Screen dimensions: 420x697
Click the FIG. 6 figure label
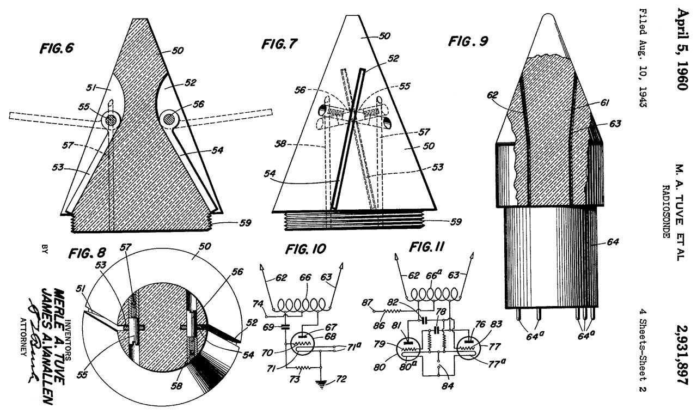[57, 48]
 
